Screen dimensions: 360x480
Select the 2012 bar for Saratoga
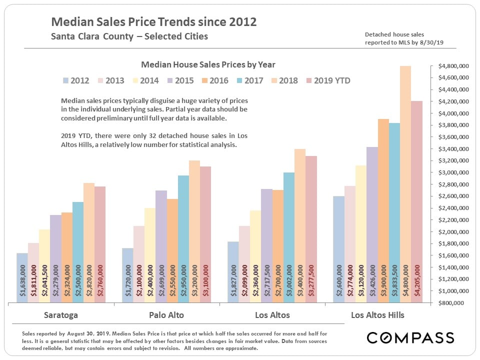pos(22,277)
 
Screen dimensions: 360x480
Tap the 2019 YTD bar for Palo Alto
pos(205,234)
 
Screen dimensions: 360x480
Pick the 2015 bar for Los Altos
pos(266,245)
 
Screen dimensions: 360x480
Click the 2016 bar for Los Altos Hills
pos(383,210)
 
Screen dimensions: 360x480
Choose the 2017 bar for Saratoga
pos(78,252)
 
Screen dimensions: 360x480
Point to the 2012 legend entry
pos(76,80)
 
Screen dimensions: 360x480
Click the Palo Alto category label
pos(166,315)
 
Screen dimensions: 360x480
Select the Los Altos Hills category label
pos(377,315)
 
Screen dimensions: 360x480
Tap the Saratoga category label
pos(61,315)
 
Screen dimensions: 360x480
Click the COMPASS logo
pos(410,337)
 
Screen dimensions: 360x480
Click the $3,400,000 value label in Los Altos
pos(299,279)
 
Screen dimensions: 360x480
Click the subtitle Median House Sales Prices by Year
pos(208,64)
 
